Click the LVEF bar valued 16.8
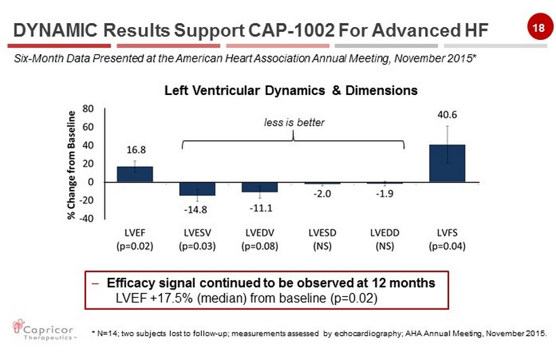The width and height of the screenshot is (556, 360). pyautogui.click(x=134, y=174)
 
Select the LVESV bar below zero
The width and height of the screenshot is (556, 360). pyautogui.click(x=197, y=189)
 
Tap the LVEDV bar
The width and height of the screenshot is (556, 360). pyautogui.click(x=260, y=187)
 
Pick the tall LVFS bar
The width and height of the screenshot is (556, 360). pyautogui.click(x=447, y=163)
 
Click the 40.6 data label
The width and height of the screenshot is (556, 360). pyautogui.click(x=447, y=115)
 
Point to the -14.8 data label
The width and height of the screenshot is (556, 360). pyautogui.click(x=197, y=208)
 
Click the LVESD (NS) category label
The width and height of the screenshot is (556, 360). pyautogui.click(x=322, y=239)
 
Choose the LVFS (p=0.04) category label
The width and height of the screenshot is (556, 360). pyautogui.click(x=448, y=239)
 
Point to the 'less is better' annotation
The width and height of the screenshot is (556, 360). pyautogui.click(x=294, y=123)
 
